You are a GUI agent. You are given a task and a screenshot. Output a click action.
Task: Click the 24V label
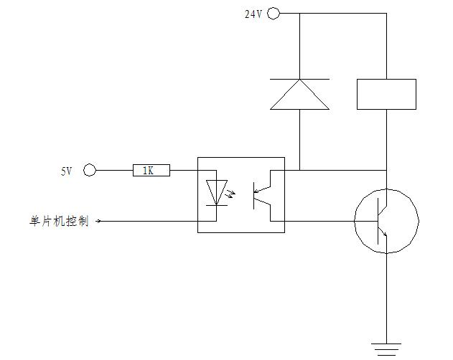click(253, 14)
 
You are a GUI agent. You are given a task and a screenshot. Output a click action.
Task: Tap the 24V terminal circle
click(274, 13)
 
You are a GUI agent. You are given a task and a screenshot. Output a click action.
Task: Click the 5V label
click(66, 171)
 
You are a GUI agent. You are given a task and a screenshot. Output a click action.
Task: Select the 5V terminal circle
click(90, 170)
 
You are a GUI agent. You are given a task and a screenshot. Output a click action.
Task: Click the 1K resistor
click(151, 170)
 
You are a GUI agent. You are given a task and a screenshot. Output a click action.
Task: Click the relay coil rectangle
click(386, 94)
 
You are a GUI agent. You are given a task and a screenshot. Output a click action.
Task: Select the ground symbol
click(386, 349)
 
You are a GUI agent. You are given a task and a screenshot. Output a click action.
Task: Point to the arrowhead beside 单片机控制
click(98, 222)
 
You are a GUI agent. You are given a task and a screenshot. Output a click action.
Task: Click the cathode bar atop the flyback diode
click(299, 79)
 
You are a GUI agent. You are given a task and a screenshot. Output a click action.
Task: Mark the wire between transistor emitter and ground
click(386, 294)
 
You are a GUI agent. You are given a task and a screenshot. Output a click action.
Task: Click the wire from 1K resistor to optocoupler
click(184, 170)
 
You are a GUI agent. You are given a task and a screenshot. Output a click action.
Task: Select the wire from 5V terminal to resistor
click(115, 170)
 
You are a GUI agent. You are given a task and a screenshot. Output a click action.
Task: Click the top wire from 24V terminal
click(330, 13)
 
